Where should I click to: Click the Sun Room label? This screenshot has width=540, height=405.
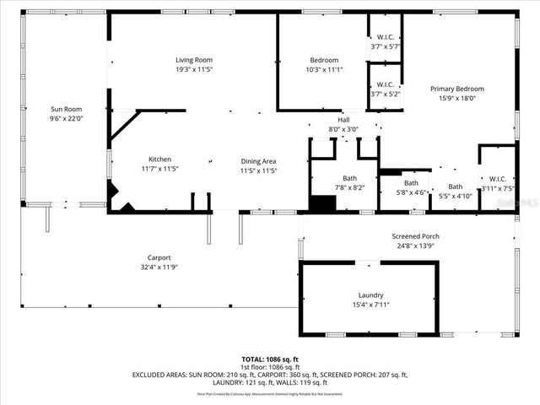[66, 110]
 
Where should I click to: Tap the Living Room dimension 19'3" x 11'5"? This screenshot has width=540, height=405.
[193, 70]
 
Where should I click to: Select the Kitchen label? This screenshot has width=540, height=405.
[160, 159]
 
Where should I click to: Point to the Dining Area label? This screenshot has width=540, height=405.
[258, 161]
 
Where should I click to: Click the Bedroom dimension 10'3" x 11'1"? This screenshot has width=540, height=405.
[324, 70]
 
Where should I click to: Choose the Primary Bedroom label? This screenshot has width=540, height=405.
[457, 89]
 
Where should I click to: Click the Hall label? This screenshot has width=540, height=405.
[343, 120]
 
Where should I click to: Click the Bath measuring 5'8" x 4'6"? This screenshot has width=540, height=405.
[411, 187]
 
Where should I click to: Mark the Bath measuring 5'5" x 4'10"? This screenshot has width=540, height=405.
[456, 192]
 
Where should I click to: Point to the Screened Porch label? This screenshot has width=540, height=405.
[415, 235]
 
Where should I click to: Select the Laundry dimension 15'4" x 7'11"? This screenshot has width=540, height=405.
[370, 305]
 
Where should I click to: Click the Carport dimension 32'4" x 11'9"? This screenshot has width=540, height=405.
[159, 267]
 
